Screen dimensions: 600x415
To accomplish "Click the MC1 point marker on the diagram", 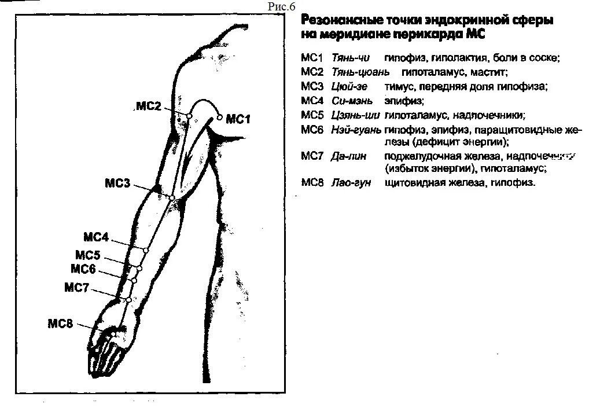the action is click(x=220, y=117).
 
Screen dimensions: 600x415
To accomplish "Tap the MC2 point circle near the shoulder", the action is click(x=189, y=116).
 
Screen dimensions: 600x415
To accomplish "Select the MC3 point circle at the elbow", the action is click(x=172, y=198).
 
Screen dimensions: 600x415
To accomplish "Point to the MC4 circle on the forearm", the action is click(x=146, y=250).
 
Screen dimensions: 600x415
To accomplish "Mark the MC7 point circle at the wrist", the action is click(x=128, y=299).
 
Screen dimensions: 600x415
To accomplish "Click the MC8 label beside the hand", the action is click(x=60, y=324).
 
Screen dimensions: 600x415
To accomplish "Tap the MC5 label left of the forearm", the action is click(x=88, y=255).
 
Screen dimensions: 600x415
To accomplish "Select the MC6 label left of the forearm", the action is click(x=83, y=269).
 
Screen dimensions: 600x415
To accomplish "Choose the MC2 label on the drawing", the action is click(x=149, y=106).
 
